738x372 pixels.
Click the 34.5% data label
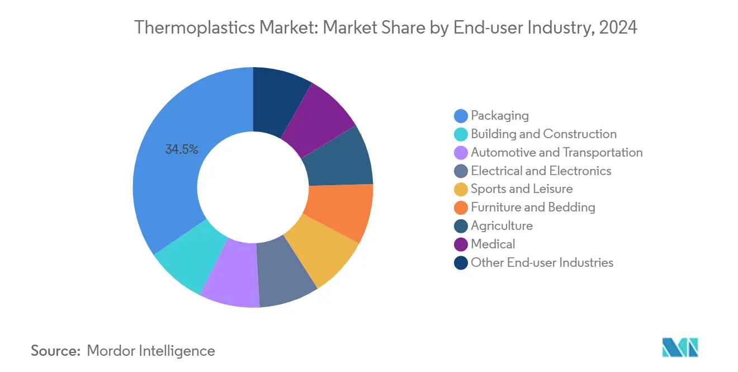point(182,149)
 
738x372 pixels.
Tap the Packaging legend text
point(499,116)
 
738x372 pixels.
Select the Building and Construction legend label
point(543,134)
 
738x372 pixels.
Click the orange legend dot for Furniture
point(461,208)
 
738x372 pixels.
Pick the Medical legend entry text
point(493,244)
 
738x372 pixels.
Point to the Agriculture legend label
point(502,226)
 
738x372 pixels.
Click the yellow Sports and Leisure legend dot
point(461,190)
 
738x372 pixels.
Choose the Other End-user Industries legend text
point(542,263)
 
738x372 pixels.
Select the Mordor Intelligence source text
point(151,351)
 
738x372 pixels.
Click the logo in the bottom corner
point(680,347)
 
